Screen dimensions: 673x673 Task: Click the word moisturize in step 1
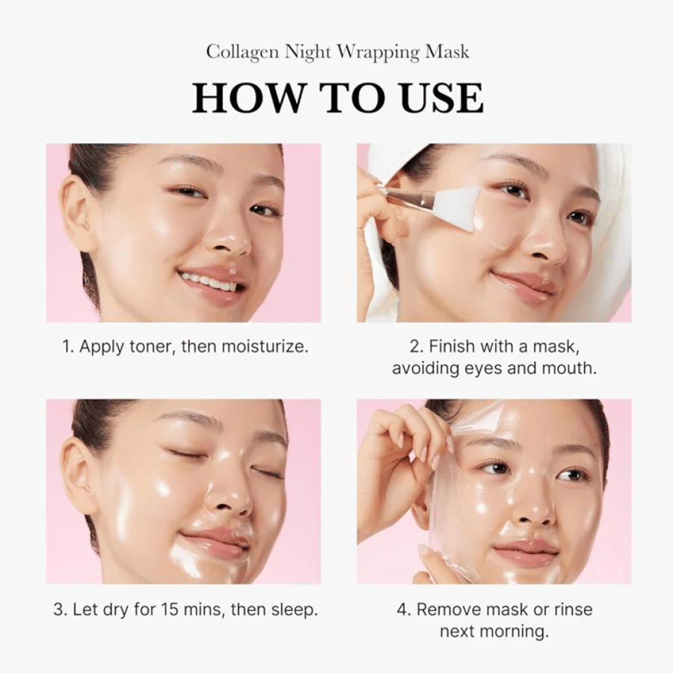[x=265, y=346]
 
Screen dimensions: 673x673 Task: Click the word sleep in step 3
[x=294, y=610]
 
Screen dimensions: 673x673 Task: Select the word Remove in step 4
[x=446, y=609]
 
